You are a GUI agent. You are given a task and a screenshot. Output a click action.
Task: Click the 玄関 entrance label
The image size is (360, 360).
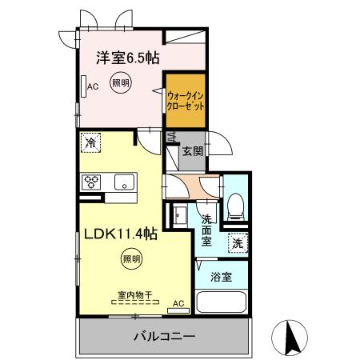coord(192,151)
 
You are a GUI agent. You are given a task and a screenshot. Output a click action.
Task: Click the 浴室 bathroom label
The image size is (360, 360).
coord(222,278)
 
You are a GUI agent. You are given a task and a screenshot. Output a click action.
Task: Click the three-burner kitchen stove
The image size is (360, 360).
coord(91,181)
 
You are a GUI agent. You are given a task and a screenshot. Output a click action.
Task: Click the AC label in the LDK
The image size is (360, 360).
coord(178,303)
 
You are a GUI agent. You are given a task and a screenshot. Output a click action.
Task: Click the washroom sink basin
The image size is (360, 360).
coord(178,216)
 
